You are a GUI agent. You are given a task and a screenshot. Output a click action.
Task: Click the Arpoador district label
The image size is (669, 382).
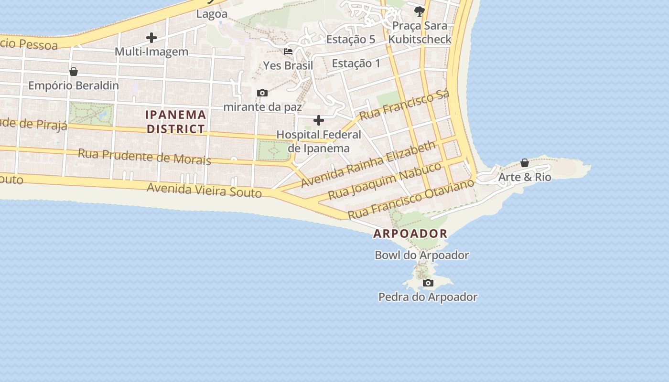click(x=410, y=233)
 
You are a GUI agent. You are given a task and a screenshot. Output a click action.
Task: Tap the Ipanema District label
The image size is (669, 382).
click(x=176, y=122)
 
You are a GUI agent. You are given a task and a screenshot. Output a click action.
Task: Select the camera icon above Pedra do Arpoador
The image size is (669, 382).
click(x=428, y=283)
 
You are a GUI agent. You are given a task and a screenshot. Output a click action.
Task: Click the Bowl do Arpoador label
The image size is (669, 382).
click(x=421, y=255)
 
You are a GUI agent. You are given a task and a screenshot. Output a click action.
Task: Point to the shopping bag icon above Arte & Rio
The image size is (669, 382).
click(x=525, y=163)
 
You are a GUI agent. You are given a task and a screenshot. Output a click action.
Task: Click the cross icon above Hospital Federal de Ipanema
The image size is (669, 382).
click(x=319, y=120)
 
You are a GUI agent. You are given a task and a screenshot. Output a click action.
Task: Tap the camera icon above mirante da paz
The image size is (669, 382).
click(x=262, y=93)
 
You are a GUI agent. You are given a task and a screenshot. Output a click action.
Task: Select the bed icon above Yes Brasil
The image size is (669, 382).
click(x=288, y=52)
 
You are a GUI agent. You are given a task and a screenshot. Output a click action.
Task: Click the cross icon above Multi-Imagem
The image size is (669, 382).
click(x=151, y=38)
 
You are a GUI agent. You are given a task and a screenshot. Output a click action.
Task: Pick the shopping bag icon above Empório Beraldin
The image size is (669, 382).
click(x=74, y=72)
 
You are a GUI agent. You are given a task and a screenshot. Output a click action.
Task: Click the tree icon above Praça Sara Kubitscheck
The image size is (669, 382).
click(x=420, y=11)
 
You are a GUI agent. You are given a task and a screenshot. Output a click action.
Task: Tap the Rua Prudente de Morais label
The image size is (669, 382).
click(x=144, y=156)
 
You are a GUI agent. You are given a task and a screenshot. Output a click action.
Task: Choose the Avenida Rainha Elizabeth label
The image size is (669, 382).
click(x=368, y=163)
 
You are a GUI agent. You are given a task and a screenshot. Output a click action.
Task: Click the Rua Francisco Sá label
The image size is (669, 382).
click(x=404, y=105)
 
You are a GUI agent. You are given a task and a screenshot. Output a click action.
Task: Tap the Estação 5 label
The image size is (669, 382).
click(x=351, y=40)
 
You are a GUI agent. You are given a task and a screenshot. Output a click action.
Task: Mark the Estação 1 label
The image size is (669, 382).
click(x=356, y=63)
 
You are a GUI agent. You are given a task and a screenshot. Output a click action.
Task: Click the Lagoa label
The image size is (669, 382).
click(x=212, y=14)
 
